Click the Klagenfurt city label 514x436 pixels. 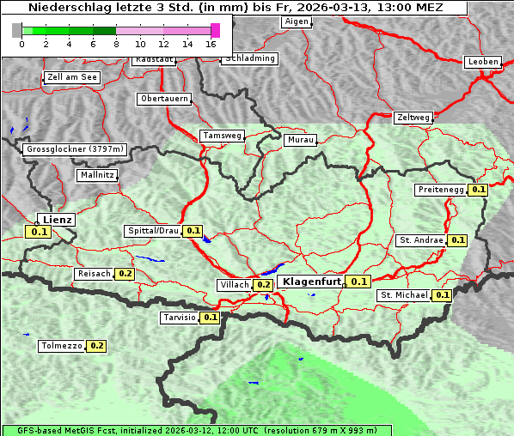point(312,282)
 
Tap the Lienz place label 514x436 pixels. point(57,219)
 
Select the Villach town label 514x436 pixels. point(235,284)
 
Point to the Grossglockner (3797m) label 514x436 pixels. point(76,149)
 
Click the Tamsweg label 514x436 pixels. point(222,136)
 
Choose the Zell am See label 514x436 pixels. point(72,77)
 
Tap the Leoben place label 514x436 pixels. point(481,62)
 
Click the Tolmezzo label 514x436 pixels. point(61,346)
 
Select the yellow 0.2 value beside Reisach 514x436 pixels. point(125,274)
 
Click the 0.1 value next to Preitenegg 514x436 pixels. point(479,190)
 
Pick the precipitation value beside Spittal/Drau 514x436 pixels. point(193,231)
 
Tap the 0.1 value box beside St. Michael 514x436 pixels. point(442,295)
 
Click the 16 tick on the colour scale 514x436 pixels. point(211,43)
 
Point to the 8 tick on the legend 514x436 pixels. point(116,43)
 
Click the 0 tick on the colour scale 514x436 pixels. point(21,43)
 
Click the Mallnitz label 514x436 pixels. point(97,175)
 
